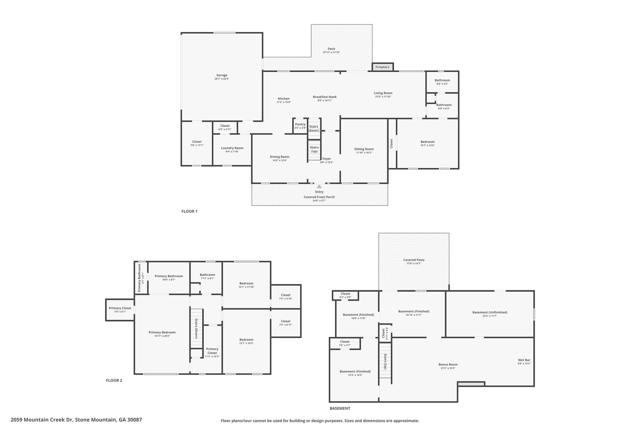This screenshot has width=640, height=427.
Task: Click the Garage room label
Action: [222, 75]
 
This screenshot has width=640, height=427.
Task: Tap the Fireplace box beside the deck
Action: [382, 67]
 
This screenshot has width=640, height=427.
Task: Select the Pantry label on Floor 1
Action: [300, 124]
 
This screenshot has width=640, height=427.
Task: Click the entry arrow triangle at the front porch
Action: [319, 186]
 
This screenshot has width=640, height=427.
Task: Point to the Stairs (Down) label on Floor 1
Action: [314, 129]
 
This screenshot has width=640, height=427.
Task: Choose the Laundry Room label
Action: [232, 148]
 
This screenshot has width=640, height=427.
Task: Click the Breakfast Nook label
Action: [325, 97]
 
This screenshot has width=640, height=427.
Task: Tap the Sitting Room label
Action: [364, 149]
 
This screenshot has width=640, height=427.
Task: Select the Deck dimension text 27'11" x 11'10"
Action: [331, 52]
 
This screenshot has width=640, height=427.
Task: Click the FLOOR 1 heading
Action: [189, 211]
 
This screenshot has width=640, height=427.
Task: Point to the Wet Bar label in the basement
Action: [524, 360]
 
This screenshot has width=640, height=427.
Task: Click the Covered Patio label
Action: [414, 260]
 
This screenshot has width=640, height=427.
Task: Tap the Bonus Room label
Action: [448, 364]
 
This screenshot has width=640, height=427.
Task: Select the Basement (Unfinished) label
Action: [490, 312]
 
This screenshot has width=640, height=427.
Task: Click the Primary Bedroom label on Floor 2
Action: [162, 332]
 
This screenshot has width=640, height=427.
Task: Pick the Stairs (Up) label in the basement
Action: [386, 361]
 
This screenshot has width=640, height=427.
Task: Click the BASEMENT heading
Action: [340, 409]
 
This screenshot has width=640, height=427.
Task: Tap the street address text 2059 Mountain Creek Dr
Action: [42, 420]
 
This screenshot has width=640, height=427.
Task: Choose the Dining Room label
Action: [280, 157]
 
